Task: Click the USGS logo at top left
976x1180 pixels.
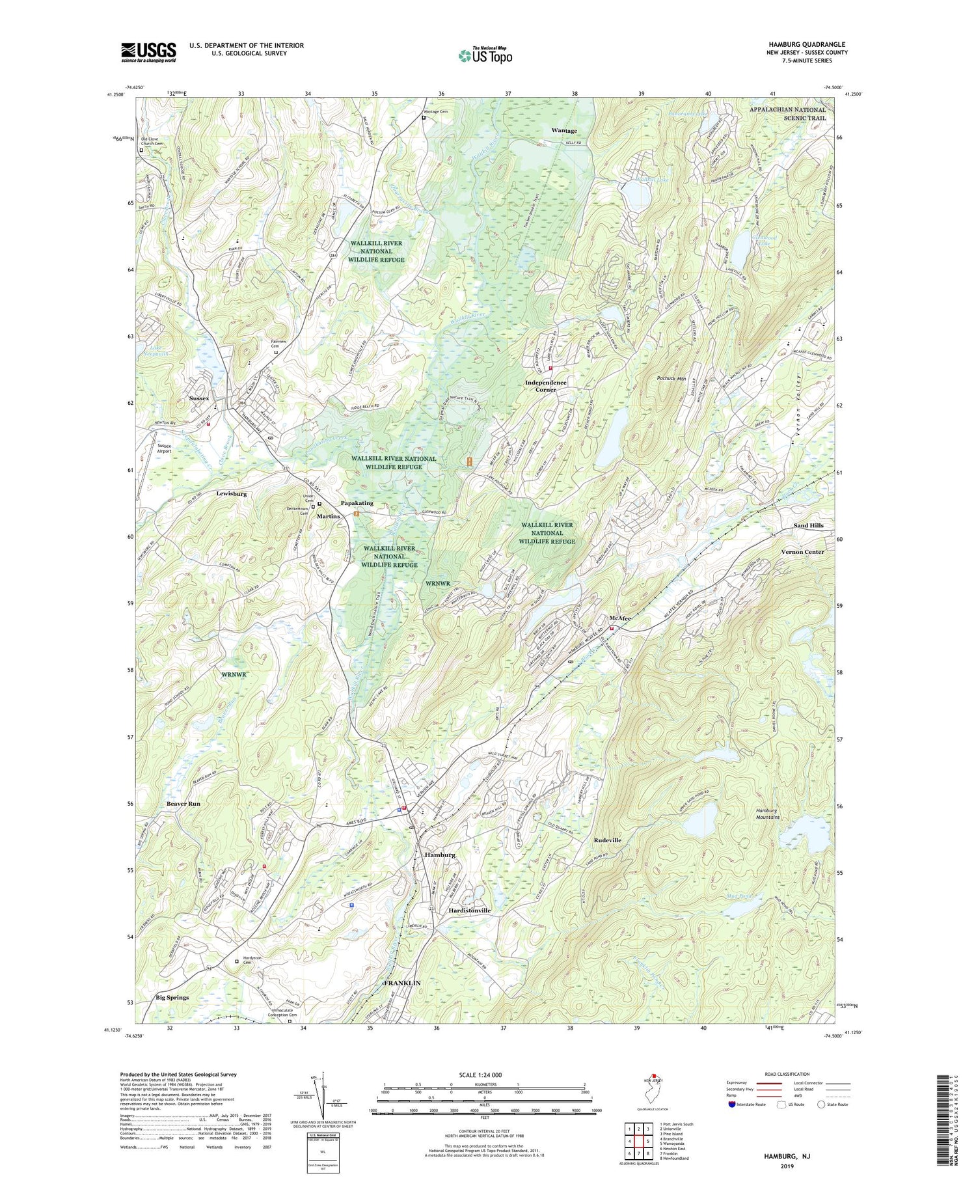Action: pos(148,52)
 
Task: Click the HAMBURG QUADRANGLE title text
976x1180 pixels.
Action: pos(807,44)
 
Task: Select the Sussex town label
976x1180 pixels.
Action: pos(199,398)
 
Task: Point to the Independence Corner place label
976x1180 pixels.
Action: pos(545,386)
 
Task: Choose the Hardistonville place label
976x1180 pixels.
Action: pos(469,910)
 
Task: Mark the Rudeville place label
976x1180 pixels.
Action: pos(607,840)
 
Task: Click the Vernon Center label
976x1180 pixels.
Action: pos(802,552)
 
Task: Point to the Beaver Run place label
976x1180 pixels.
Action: pos(183,804)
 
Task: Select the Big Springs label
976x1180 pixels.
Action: pos(172,997)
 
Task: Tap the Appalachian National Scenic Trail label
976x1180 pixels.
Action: pos(787,114)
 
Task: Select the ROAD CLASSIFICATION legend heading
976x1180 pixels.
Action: pos(787,1074)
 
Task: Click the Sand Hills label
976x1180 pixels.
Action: pos(808,525)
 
